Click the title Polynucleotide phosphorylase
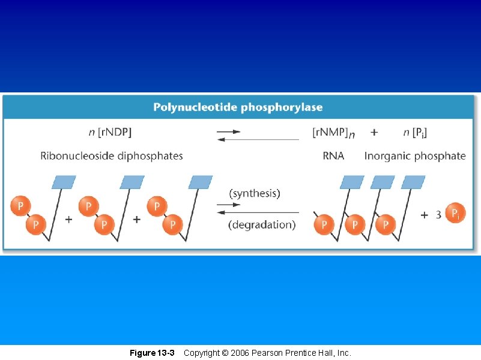[238, 107]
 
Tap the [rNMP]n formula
[333, 131]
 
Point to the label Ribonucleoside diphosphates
[112, 156]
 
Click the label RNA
[333, 156]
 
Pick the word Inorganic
[387, 156]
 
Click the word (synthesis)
[255, 193]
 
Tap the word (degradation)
[262, 225]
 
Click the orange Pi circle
[456, 213]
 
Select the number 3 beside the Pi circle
[438, 214]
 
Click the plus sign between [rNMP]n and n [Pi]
[374, 131]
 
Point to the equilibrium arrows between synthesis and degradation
[257, 208]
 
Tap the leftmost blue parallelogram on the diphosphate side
[64, 182]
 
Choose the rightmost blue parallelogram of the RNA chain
[413, 182]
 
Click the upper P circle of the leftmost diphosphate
[20, 207]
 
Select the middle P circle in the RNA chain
[355, 225]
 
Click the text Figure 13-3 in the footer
[152, 353]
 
